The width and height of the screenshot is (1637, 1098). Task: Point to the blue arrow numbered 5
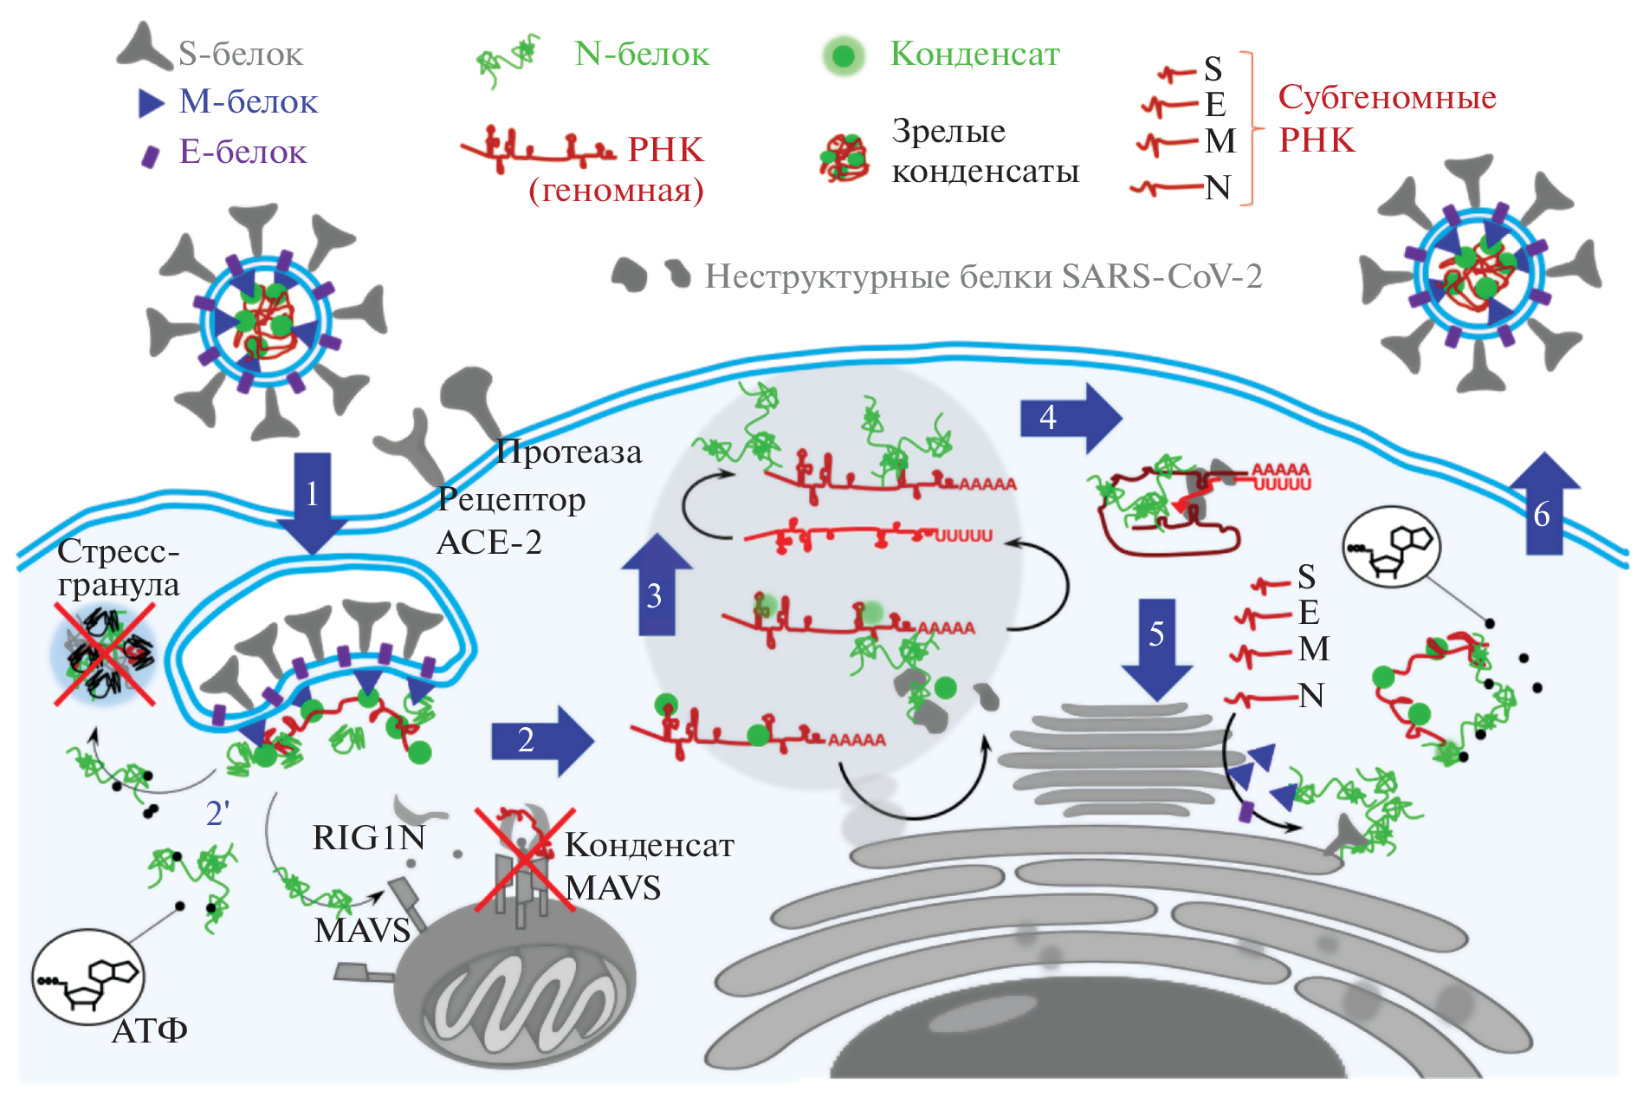point(1157,646)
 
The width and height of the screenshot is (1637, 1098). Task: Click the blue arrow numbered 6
point(1544,506)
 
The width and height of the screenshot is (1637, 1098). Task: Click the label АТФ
point(150,1030)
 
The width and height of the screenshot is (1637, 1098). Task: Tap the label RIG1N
point(369,838)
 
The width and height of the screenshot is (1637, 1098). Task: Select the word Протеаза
point(569,452)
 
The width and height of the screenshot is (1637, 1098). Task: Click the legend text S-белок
point(241,55)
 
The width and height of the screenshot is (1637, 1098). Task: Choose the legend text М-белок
point(249,102)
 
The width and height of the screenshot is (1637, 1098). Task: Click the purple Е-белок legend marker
point(151,156)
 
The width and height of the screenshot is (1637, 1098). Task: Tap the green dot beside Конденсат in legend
point(843,56)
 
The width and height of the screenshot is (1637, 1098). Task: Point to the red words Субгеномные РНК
point(1386,118)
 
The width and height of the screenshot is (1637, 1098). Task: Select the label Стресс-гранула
point(119,568)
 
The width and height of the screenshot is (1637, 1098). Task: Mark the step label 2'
point(217,814)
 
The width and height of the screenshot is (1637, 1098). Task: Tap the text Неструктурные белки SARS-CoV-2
point(983,276)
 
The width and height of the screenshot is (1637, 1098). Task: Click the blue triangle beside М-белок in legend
point(151,103)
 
